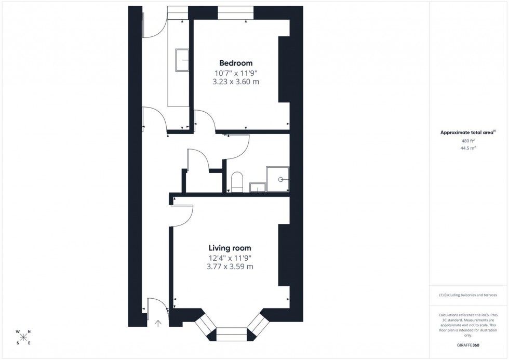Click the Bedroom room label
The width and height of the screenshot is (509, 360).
coord(235,63)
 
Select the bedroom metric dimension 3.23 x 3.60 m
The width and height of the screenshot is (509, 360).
coord(235,82)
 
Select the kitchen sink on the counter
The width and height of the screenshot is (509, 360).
coord(182,59)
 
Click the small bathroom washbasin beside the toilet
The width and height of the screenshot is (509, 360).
coord(257,187)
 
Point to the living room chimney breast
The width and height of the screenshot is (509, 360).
coord(284,255)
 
